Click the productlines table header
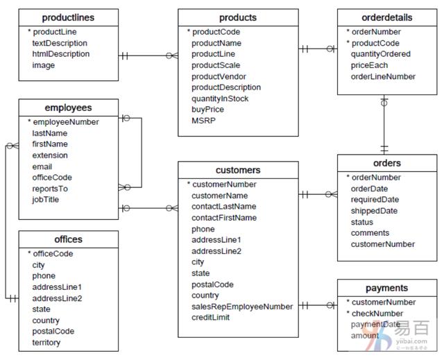[x=68, y=17]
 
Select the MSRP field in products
[x=203, y=121]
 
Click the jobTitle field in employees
[x=46, y=200]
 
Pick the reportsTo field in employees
[x=50, y=189]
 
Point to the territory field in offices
[x=46, y=343]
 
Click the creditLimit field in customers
[x=212, y=318]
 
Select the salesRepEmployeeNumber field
[x=242, y=307]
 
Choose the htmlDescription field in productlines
[x=60, y=54]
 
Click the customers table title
[x=238, y=170]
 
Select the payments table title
[x=387, y=288]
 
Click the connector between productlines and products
[x=148, y=55]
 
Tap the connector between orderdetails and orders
[x=384, y=125]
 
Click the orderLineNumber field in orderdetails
[x=383, y=76]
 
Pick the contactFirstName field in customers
[x=224, y=218]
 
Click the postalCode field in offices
[x=53, y=332]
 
